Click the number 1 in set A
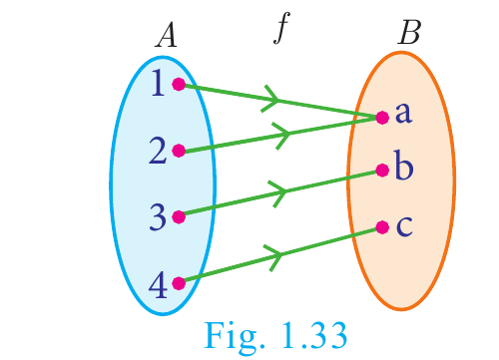tap(158, 83)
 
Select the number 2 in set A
tap(158, 151)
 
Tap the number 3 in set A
tap(158, 217)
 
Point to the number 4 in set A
tap(158, 284)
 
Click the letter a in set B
tap(403, 113)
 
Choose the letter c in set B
tap(404, 226)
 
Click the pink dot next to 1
tap(179, 84)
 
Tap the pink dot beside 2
tap(179, 151)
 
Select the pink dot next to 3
tap(179, 217)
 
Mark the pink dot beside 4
tap(179, 283)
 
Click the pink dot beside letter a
tap(382, 118)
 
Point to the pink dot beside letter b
tap(382, 171)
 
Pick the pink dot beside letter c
tap(382, 227)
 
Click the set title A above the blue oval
tap(166, 36)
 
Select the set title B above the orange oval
tap(409, 32)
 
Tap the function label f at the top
tap(281, 28)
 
